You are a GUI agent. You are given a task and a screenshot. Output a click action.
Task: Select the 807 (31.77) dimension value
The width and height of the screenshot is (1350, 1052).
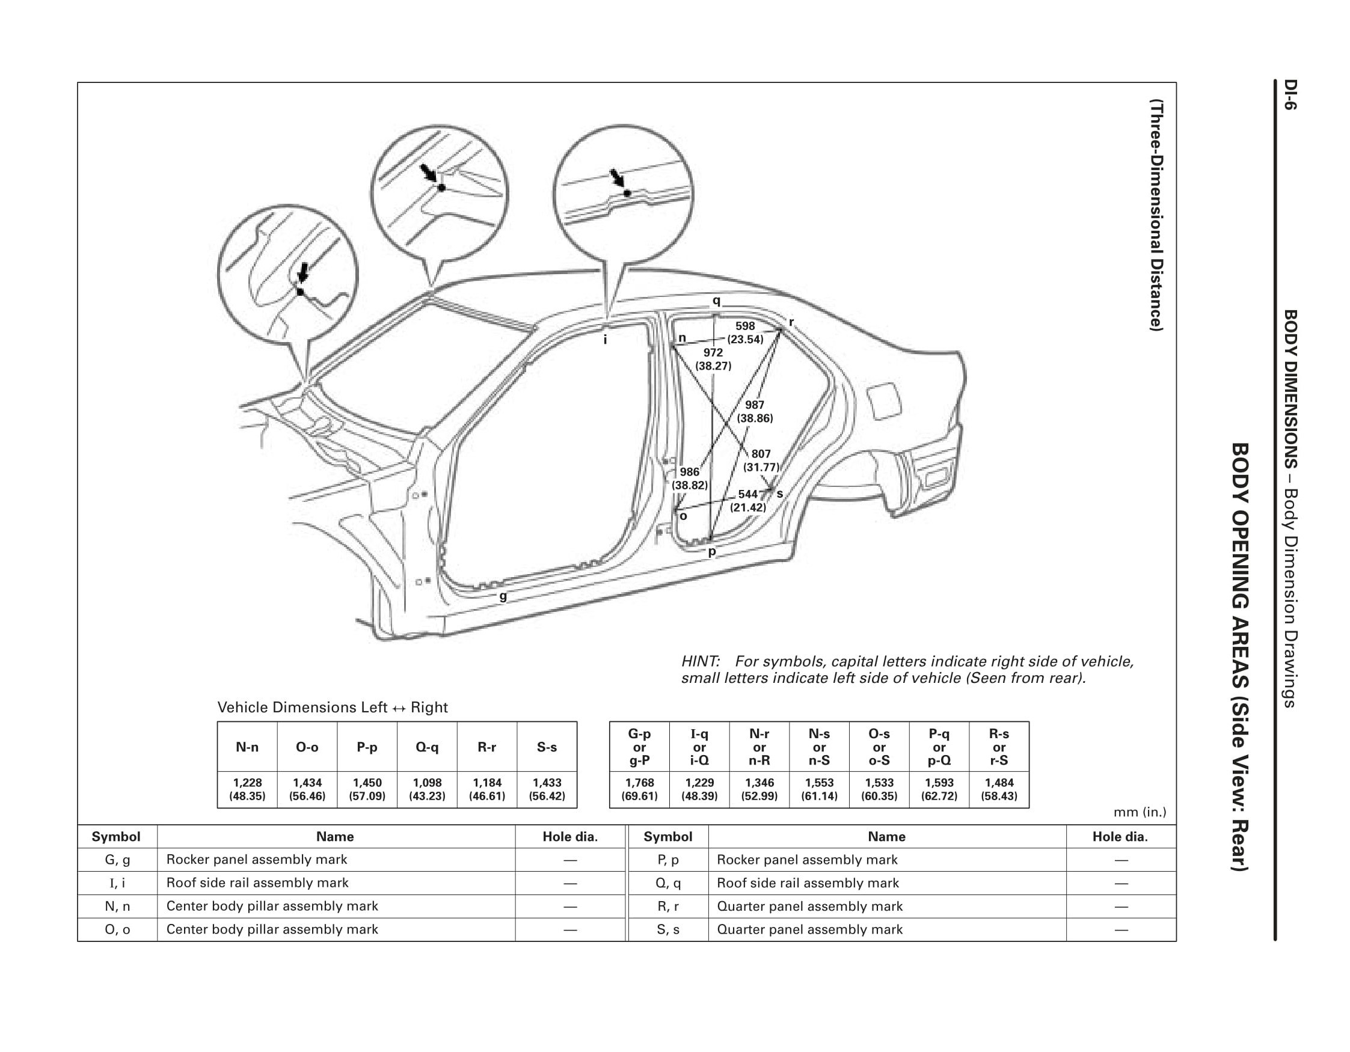point(761,460)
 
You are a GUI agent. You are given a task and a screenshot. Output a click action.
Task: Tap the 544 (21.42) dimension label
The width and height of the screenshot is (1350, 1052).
point(748,501)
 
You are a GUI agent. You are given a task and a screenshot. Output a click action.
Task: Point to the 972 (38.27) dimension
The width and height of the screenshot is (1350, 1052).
point(713,359)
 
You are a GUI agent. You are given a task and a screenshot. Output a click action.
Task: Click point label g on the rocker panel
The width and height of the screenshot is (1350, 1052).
point(503,596)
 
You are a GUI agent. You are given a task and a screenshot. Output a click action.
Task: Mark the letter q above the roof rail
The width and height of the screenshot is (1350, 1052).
point(716,301)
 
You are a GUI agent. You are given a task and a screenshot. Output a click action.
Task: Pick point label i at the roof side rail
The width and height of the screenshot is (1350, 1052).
point(605,339)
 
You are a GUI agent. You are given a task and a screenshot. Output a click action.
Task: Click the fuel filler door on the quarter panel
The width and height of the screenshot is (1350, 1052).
point(886,402)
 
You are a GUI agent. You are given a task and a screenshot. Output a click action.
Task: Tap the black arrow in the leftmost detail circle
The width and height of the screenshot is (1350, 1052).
point(303,272)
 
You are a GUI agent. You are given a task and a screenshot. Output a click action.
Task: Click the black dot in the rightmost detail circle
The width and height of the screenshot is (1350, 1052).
point(627,194)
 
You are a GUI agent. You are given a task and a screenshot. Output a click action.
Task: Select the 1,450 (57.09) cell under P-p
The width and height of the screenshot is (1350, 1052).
point(367,789)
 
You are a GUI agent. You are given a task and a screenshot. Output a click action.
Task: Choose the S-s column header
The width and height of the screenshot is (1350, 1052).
point(547,747)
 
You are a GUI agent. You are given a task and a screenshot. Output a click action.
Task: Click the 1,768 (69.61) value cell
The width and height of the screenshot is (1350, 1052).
point(639,789)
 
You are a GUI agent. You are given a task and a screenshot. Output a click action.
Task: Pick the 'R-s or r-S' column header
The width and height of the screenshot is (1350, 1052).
point(999,747)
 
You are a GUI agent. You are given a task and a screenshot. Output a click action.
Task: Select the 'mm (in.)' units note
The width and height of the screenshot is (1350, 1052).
point(1139,812)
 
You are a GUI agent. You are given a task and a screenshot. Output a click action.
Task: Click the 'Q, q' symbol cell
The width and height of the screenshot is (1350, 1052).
point(667,882)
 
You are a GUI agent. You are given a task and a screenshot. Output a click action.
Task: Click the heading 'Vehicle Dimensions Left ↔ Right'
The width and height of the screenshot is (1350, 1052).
point(333,707)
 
